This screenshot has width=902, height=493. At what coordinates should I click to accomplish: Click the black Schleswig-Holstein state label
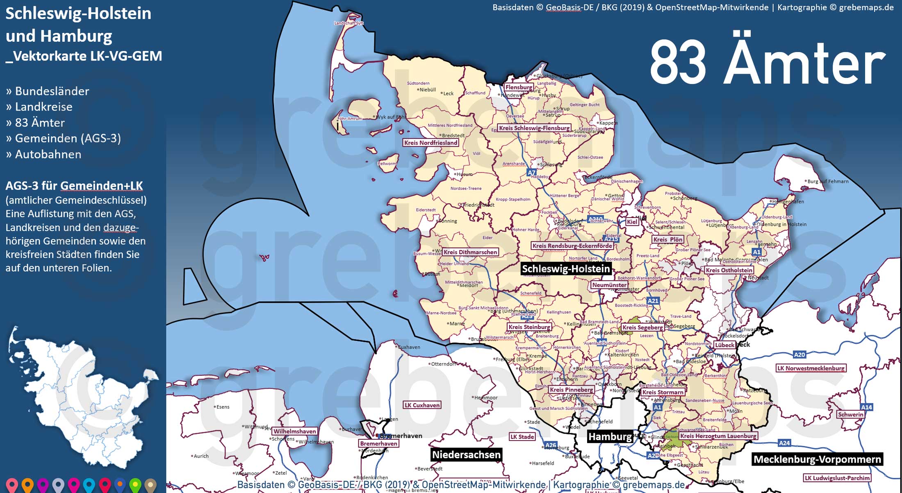click(x=566, y=269)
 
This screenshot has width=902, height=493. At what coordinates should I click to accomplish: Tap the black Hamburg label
click(x=610, y=436)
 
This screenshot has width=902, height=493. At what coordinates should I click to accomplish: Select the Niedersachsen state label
click(x=466, y=454)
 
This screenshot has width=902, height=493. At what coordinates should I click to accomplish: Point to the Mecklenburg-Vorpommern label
click(x=817, y=459)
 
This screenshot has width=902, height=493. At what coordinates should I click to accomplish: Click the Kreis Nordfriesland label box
click(x=430, y=143)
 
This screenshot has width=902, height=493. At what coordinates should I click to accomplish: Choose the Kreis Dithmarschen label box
click(x=470, y=252)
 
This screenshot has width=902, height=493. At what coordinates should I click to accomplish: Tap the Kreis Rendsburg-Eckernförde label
click(x=572, y=246)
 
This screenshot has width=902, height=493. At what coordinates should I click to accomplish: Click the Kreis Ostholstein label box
click(x=729, y=270)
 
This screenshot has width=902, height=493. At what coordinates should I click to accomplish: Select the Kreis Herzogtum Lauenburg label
click(x=718, y=436)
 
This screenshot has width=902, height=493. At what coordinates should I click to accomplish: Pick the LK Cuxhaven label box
click(x=422, y=405)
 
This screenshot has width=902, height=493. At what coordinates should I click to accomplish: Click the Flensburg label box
click(x=519, y=87)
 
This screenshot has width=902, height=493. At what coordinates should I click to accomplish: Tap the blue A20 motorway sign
click(x=799, y=355)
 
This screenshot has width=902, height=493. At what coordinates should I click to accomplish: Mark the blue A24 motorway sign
click(x=784, y=443)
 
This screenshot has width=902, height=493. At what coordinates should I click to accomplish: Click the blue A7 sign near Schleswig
click(x=531, y=173)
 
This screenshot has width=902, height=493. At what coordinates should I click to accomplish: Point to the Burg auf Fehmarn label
click(x=828, y=182)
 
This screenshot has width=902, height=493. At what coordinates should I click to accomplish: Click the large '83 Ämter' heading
click(x=767, y=64)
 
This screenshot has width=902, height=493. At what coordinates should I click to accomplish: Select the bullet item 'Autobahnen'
click(x=48, y=154)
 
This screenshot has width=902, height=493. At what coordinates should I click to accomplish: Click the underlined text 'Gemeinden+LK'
click(x=101, y=186)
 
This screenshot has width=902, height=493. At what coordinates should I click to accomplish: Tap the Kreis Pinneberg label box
click(x=571, y=390)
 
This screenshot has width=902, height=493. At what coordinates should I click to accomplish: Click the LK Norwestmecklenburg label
click(x=811, y=368)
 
